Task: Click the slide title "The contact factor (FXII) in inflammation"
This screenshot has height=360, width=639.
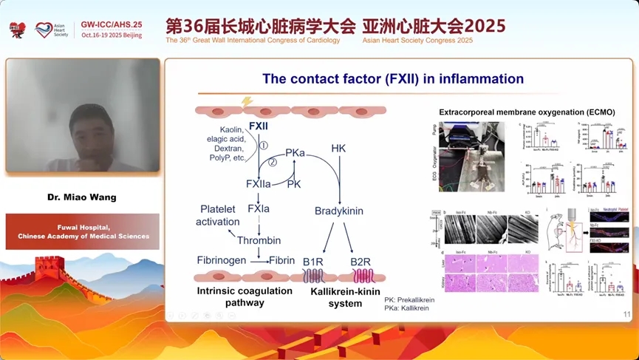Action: pos(393,78)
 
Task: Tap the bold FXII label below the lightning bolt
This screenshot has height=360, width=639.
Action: pos(259,126)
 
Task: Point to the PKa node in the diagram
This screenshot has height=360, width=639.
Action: pos(295,152)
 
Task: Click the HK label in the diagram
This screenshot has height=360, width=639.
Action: pos(339,148)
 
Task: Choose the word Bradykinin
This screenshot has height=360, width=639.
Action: pos(339,211)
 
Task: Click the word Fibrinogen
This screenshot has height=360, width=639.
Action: pos(221,260)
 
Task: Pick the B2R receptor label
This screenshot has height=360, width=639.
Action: pos(360,260)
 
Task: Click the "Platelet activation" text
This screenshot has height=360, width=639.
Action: pos(218,215)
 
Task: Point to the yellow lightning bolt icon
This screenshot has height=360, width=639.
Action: pos(247,101)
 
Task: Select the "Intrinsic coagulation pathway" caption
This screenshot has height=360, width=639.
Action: pos(244,296)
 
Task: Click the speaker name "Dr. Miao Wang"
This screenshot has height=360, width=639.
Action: pos(82,197)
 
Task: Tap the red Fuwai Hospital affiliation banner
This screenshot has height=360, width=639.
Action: pos(82,231)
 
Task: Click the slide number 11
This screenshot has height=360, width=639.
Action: pos(627,315)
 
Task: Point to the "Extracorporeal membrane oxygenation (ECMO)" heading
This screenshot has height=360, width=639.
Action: pos(527,112)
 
